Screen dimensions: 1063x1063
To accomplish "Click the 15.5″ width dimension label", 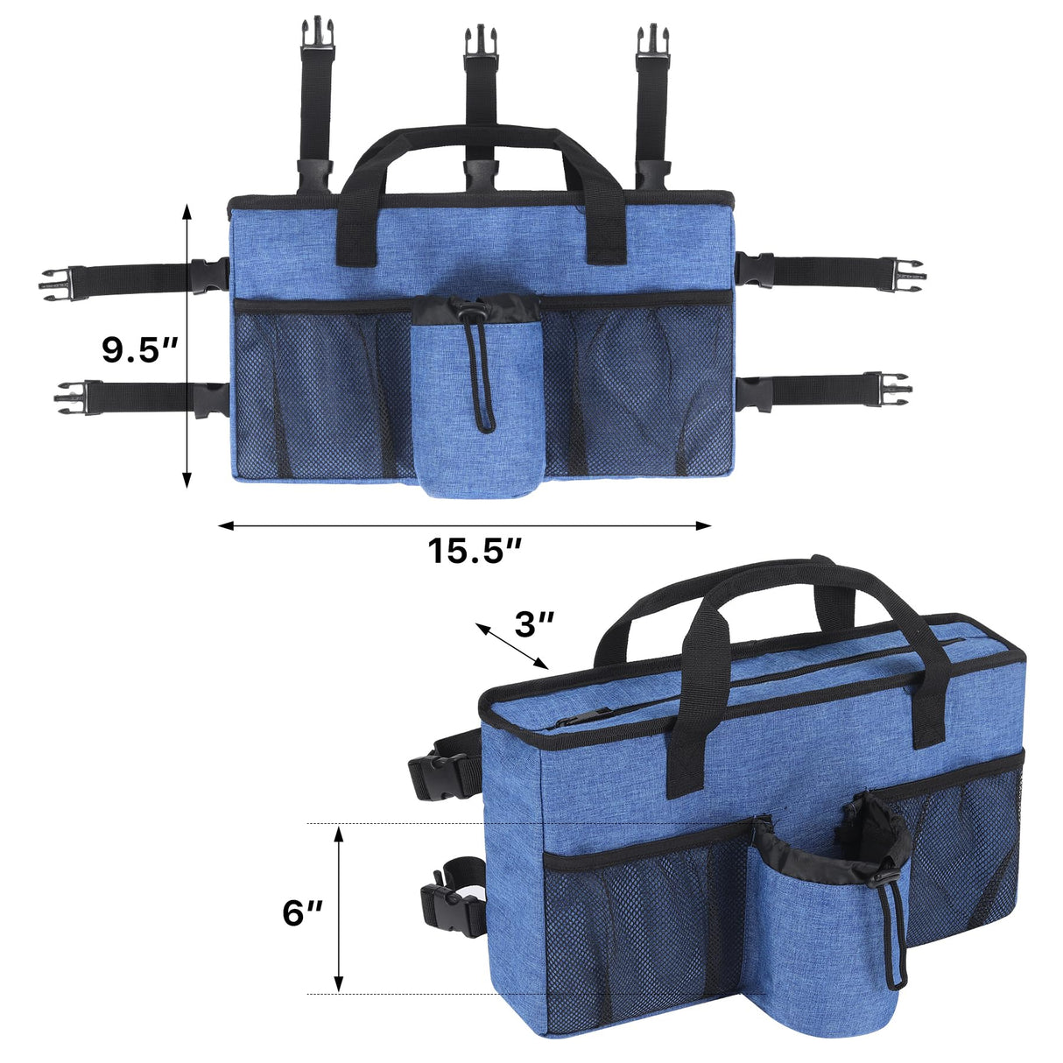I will coord(475,552).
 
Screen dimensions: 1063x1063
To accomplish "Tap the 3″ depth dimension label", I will coord(534,623).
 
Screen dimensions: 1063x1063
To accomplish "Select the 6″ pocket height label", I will coord(302,913).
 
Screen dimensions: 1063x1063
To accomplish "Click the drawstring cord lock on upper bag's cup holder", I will coord(473,312).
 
